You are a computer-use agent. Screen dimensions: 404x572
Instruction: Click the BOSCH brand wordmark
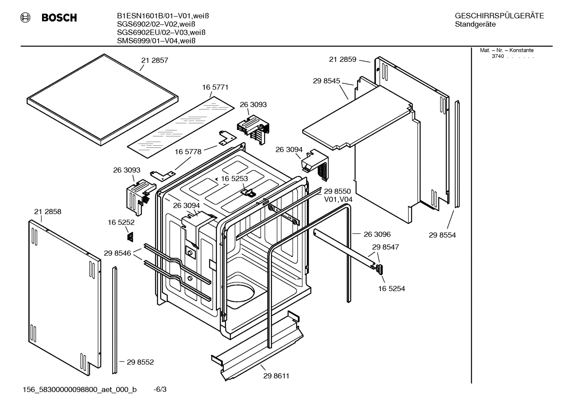59,18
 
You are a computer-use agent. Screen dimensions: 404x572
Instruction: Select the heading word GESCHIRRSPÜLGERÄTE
499,16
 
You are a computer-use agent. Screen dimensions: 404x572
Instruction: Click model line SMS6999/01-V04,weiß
156,41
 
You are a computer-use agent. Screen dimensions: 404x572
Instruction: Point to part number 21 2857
155,61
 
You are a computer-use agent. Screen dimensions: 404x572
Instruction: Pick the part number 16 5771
215,87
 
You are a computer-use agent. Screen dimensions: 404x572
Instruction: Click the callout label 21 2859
342,59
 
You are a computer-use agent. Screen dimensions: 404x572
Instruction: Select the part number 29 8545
326,81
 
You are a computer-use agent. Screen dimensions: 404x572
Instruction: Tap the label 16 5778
188,152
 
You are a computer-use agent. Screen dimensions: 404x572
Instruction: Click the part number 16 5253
234,179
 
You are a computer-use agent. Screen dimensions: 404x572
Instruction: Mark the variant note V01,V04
338,199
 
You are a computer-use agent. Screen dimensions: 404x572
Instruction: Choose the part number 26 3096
377,234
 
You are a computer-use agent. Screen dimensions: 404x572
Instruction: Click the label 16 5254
391,289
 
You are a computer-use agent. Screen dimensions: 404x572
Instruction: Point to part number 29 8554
442,235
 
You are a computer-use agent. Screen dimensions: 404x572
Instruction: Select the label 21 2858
48,212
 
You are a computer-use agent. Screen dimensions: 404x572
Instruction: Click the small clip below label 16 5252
130,237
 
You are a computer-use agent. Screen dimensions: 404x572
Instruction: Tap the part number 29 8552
140,362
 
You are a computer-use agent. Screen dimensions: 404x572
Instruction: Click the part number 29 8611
276,376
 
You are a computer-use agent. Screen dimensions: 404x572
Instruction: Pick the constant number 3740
497,56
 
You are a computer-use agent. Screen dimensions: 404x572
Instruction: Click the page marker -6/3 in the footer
160,390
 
